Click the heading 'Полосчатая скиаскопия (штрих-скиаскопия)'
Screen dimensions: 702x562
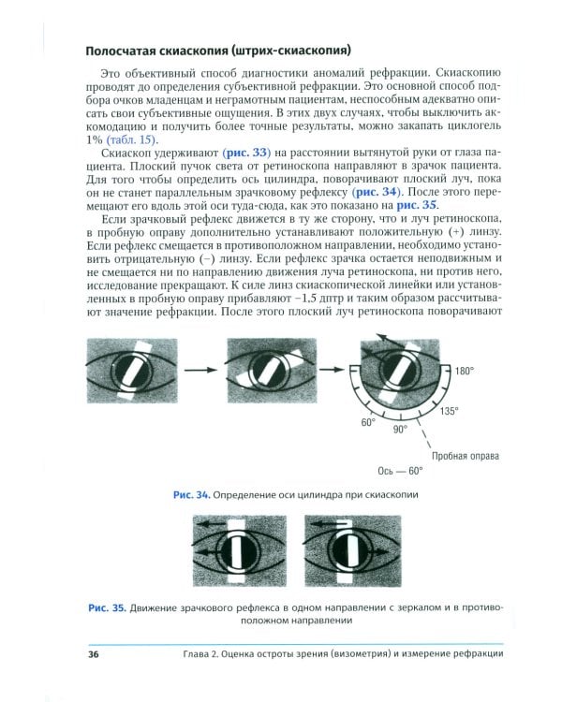224,50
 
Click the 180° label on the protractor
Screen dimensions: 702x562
465,372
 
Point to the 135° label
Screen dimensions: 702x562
449,411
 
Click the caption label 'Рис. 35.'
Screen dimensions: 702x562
105,608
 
